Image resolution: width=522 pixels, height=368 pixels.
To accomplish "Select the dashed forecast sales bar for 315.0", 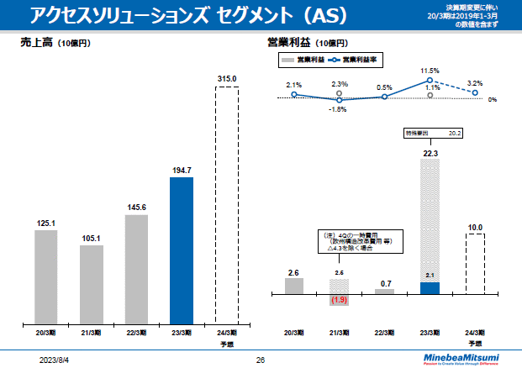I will coord(227,205).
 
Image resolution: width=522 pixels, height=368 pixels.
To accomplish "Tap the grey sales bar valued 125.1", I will coord(46,277).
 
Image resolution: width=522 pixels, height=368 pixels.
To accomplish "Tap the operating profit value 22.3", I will coord(430,153).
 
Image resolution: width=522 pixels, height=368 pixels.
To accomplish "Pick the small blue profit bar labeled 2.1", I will coord(430,288).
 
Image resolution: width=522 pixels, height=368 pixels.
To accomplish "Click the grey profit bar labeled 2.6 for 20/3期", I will coord(293,286).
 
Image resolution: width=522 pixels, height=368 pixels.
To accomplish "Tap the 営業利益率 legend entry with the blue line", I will coord(351,60).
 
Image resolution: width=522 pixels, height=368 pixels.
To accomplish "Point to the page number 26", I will coord(261,360).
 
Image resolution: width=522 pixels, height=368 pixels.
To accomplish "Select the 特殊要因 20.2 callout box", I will coord(430,133).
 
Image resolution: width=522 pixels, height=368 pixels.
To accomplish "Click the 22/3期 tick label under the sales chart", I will coord(136,334).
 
